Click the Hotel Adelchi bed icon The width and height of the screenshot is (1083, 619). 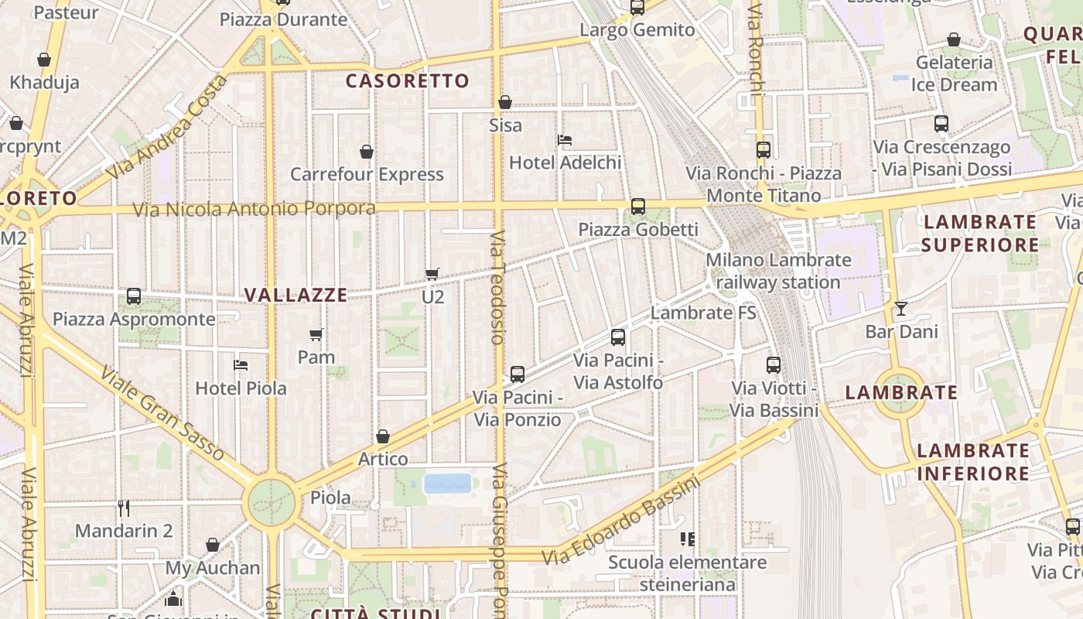pyautogui.click(x=565, y=140)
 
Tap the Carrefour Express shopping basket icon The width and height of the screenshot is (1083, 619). pyautogui.click(x=367, y=152)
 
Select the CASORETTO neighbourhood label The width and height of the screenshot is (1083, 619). pyautogui.click(x=407, y=80)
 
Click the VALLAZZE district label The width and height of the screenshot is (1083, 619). pyautogui.click(x=296, y=295)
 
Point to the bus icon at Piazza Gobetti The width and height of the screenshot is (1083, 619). pyautogui.click(x=638, y=207)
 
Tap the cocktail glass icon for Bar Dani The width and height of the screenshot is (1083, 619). pyautogui.click(x=901, y=309)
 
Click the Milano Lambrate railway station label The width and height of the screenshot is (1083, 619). pyautogui.click(x=777, y=271)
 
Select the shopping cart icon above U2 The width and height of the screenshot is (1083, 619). pyautogui.click(x=432, y=273)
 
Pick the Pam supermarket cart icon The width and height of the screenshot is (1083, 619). pyautogui.click(x=316, y=334)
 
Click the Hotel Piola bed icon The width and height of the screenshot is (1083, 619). pyautogui.click(x=241, y=364)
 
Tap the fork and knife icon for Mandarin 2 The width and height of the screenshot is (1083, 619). pyautogui.click(x=124, y=508)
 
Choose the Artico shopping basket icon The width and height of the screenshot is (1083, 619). pyautogui.click(x=382, y=436)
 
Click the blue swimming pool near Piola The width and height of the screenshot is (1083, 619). pyautogui.click(x=447, y=484)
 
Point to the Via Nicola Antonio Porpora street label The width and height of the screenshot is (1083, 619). pyautogui.click(x=254, y=209)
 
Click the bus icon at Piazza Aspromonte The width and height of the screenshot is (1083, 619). pyautogui.click(x=134, y=296)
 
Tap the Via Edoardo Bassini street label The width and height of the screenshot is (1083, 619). pyautogui.click(x=620, y=521)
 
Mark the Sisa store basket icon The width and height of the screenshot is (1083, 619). pyautogui.click(x=505, y=102)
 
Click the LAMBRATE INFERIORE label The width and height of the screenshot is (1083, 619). pyautogui.click(x=973, y=461)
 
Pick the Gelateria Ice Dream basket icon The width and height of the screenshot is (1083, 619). pyautogui.click(x=954, y=39)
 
